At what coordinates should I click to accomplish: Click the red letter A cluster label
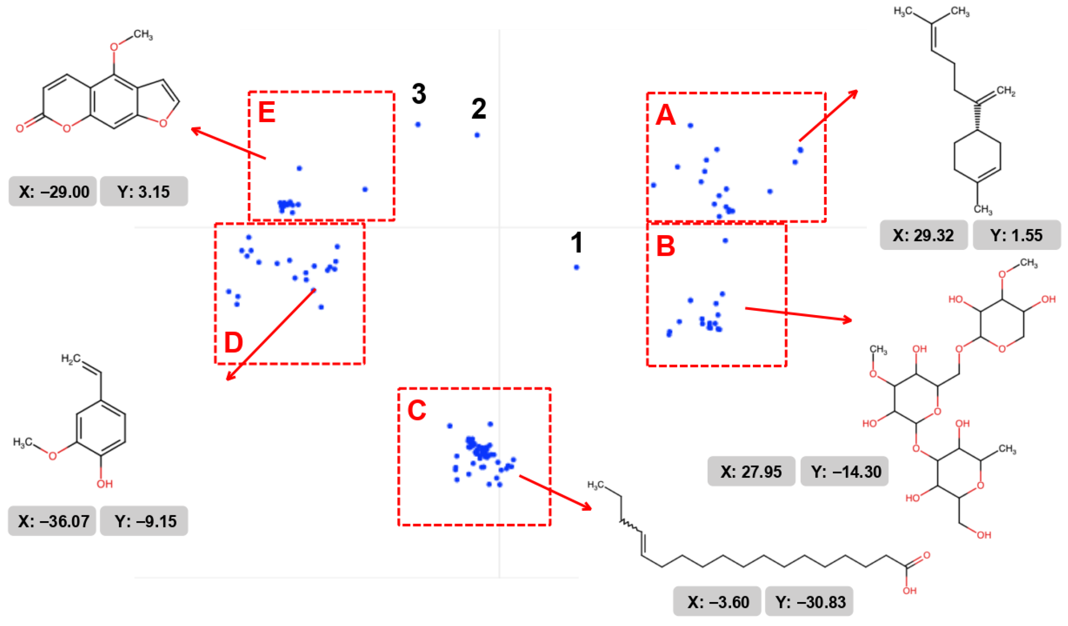coord(665,115)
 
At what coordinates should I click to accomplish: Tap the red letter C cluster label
coord(416,410)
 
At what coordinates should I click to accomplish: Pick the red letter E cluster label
coord(267,112)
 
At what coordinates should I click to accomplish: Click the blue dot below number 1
coord(576,267)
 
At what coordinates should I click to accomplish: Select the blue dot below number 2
coord(477,135)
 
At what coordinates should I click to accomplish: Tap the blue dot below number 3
coord(418,124)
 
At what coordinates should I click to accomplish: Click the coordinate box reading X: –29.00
coord(53,192)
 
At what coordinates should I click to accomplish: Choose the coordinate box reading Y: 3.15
coord(144,192)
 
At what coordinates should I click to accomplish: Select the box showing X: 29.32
coord(924,235)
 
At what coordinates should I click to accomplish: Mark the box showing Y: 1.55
coord(1016,235)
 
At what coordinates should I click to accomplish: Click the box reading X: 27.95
coord(751,471)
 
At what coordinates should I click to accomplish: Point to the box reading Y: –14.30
coord(844,471)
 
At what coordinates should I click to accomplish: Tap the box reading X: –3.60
coord(717,601)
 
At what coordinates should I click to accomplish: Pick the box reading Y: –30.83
coord(809,601)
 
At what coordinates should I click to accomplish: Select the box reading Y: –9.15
coord(144,521)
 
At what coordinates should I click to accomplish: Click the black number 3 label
coord(419,94)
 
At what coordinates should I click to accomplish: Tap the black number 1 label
coord(576,243)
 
